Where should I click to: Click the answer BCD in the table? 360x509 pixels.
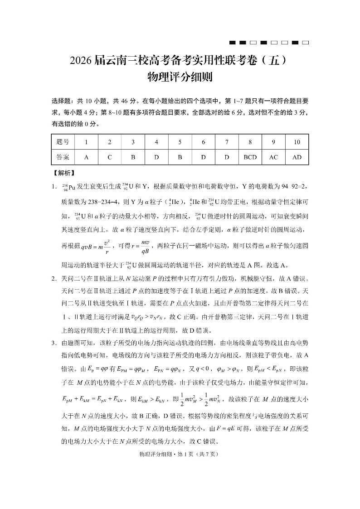tap(250, 157)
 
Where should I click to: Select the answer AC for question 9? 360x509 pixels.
tap(273, 157)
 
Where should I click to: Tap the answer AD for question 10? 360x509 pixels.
tap(297, 157)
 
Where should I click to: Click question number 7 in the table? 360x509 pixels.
tap(227, 142)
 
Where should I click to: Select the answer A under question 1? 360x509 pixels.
tap(86, 157)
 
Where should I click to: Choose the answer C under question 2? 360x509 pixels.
tap(110, 157)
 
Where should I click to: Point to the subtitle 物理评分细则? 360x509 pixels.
tap(180, 78)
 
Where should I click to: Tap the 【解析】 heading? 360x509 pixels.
tap(64, 173)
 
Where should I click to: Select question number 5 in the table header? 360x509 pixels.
tap(180, 142)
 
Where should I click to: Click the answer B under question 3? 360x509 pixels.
tap(133, 157)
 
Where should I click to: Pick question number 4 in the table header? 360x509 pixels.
tap(156, 142)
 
